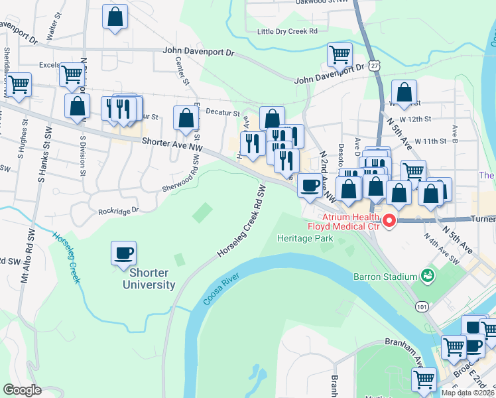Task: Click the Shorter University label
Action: pyautogui.click(x=149, y=279)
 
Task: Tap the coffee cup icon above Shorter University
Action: pyautogui.click(x=124, y=253)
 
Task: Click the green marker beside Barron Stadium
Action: pyautogui.click(x=428, y=275)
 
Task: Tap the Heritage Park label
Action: pyautogui.click(x=304, y=237)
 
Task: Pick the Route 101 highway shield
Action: pyautogui.click(x=422, y=306)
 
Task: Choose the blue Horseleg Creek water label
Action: pyautogui.click(x=66, y=256)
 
